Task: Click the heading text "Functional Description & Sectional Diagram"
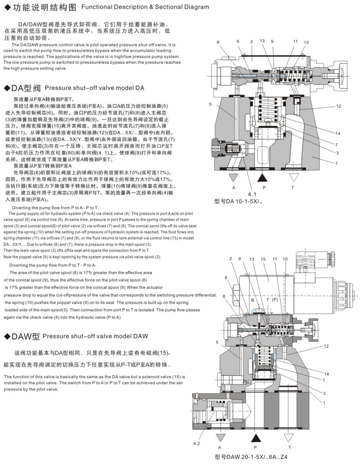145,7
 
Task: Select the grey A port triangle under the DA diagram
233,178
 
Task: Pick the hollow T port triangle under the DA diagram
293,178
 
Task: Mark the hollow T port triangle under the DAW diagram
289,437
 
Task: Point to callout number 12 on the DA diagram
338,106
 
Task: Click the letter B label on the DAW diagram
252,300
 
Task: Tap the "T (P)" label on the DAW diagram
272,300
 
